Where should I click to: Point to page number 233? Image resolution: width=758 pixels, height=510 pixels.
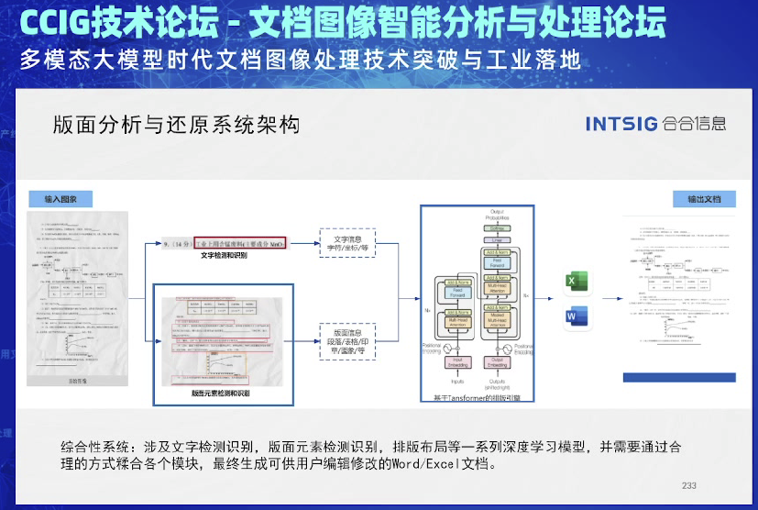click(690, 486)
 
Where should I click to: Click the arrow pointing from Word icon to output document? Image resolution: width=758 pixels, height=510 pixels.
click(608, 317)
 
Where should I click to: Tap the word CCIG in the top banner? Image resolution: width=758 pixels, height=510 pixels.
click(54, 25)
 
